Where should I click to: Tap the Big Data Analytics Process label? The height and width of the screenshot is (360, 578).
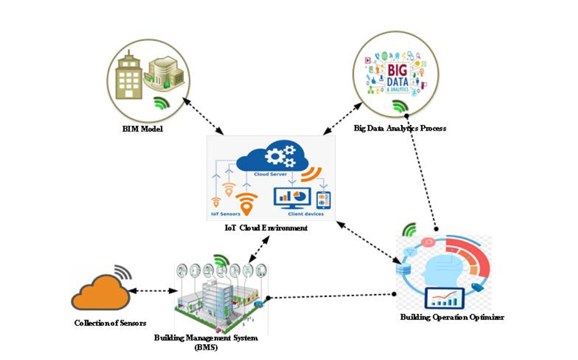coord(400,128)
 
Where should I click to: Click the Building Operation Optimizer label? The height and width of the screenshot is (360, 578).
coord(452,317)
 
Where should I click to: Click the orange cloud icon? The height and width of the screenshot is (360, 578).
coord(101,294)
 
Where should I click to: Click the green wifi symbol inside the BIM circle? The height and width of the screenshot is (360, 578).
coord(161,103)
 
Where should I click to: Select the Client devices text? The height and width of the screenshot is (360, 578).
coord(305,214)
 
